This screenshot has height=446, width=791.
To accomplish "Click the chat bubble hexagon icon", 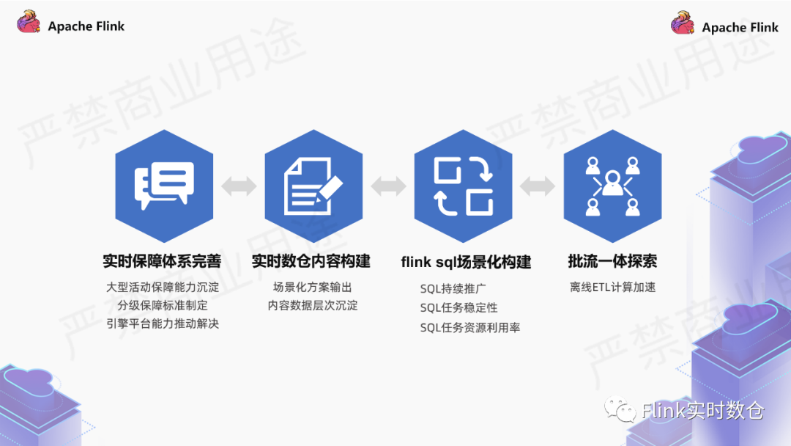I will (164, 186).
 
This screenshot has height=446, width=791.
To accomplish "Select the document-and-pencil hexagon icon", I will (313, 186).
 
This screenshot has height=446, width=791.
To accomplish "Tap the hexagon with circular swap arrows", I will (463, 186).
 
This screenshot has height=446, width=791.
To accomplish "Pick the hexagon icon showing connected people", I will (612, 186).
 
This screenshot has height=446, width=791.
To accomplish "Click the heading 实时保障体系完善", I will (162, 261).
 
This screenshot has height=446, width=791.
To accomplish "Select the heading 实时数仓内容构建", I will (311, 261).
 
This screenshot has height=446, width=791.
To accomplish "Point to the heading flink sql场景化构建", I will (466, 262).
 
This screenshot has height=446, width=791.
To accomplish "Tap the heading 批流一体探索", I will (612, 261).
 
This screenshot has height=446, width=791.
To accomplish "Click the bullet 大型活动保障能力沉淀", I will (162, 287).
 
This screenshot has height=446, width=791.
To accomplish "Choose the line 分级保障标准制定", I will (162, 305).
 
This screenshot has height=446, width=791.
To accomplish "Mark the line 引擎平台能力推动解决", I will (162, 323).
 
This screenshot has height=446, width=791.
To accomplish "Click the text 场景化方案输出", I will (313, 287).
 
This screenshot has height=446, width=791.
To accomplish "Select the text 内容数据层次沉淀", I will (313, 305).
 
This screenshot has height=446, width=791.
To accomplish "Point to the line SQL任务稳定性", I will (458, 308).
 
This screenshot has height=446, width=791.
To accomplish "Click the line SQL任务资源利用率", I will (469, 328).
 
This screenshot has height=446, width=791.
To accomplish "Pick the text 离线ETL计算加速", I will (612, 287).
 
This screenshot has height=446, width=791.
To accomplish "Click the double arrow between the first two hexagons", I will (239, 186).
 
